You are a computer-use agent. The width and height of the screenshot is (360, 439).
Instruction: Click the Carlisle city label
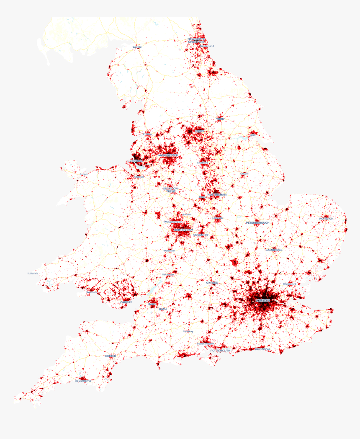pyautogui.click(x=137, y=47)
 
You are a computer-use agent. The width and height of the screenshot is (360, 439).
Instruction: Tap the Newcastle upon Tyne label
pyautogui.click(x=196, y=41)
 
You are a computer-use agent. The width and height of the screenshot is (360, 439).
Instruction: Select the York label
pyautogui.click(x=220, y=119)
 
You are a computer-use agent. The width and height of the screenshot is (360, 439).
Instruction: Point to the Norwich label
pyautogui.click(x=326, y=219)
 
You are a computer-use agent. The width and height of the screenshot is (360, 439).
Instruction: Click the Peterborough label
pyautogui.click(x=257, y=222)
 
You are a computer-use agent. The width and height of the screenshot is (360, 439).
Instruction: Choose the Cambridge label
pyautogui.click(x=274, y=250)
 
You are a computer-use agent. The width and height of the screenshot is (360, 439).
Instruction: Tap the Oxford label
pyautogui.click(x=212, y=283)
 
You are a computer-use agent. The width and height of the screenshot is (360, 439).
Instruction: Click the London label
pyautogui.click(x=263, y=300)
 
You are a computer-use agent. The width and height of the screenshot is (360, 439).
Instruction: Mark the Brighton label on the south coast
pyautogui.click(x=262, y=349)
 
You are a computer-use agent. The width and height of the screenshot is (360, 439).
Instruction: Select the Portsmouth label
pyautogui.click(x=220, y=350)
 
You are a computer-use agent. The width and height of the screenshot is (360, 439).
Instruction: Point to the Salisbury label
pyautogui.click(x=188, y=331)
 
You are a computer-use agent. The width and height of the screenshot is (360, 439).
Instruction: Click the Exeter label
pyautogui.click(x=111, y=356)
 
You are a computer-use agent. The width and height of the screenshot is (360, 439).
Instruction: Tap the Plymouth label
pyautogui.click(x=83, y=381)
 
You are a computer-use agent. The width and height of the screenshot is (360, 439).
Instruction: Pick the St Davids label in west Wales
pyautogui.click(x=33, y=274)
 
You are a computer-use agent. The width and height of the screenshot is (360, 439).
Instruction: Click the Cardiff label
pyautogui.click(x=126, y=302)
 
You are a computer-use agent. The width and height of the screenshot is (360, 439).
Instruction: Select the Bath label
pyautogui.click(x=162, y=309)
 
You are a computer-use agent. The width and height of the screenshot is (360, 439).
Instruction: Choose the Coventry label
pyautogui.click(x=201, y=235)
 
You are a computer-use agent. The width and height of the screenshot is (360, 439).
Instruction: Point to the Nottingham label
pyautogui.click(x=217, y=195)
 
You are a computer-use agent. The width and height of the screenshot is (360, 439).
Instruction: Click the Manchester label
pyautogui.click(x=168, y=155)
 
